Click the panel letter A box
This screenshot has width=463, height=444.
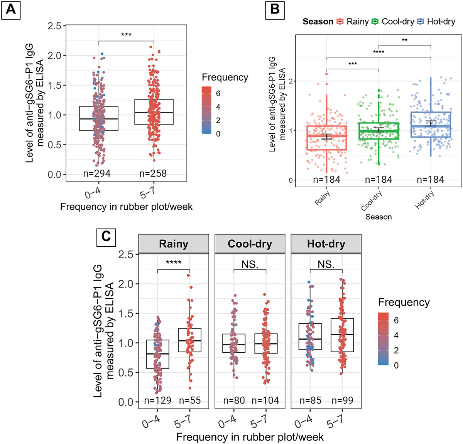pyautogui.click(x=11, y=9)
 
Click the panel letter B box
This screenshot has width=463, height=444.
pyautogui.click(x=275, y=9)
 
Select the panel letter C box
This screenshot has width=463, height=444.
pyautogui.click(x=106, y=236)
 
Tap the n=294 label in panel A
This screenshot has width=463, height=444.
pyautogui.click(x=97, y=174)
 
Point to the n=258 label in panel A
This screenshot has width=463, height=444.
pyautogui.click(x=153, y=174)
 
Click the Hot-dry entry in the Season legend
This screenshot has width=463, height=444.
pyautogui.click(x=436, y=22)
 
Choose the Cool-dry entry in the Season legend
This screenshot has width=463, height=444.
pyautogui.click(x=392, y=22)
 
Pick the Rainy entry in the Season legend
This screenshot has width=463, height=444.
pyautogui.click(x=353, y=22)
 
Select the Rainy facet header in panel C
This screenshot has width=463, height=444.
pyautogui.click(x=174, y=244)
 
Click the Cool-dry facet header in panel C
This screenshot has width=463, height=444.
pyautogui.click(x=250, y=244)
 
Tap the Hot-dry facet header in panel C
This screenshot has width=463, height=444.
pyautogui.click(x=326, y=244)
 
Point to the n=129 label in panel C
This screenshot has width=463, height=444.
pyautogui.click(x=157, y=400)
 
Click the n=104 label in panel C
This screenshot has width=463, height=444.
pyautogui.click(x=265, y=400)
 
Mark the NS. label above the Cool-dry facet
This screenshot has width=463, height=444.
pyautogui.click(x=250, y=264)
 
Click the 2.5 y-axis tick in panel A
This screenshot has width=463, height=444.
pyautogui.click(x=54, y=26)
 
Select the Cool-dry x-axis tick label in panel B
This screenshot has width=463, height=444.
pyautogui.click(x=372, y=201)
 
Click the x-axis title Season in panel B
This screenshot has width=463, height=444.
pyautogui.click(x=379, y=217)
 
